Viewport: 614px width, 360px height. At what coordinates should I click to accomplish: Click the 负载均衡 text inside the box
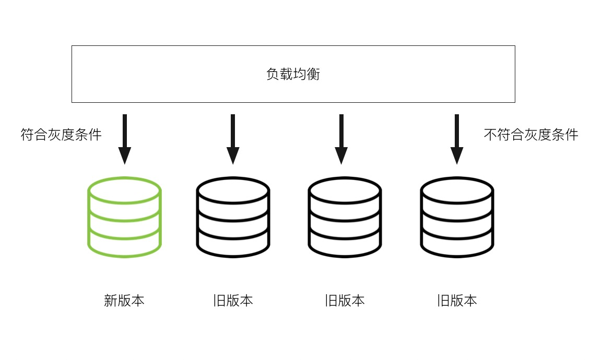click(293, 74)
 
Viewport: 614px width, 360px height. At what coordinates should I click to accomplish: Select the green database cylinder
click(124, 217)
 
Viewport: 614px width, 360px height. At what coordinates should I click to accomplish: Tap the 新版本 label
click(124, 301)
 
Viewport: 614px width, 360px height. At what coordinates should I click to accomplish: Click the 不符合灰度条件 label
click(531, 135)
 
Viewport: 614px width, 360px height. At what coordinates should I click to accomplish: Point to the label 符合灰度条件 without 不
click(61, 135)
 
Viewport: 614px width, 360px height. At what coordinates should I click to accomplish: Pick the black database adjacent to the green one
click(233, 217)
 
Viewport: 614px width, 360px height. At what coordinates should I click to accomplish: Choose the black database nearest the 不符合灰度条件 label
click(457, 217)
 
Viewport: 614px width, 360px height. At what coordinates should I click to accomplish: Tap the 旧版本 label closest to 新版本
click(233, 301)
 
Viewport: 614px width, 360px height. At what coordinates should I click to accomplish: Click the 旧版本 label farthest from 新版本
click(457, 301)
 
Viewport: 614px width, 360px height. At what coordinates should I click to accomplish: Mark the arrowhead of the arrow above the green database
click(124, 155)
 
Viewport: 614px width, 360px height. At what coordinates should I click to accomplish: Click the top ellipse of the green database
click(124, 190)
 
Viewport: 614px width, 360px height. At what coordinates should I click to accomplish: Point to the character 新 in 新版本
click(110, 301)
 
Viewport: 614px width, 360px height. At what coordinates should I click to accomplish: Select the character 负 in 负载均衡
click(273, 74)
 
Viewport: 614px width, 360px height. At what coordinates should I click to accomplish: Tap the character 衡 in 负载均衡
click(313, 74)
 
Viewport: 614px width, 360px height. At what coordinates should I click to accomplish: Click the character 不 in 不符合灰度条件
click(490, 135)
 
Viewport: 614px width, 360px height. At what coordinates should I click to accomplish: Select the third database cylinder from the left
click(345, 217)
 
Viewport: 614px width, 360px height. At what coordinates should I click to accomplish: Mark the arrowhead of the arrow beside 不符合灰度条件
click(457, 155)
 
